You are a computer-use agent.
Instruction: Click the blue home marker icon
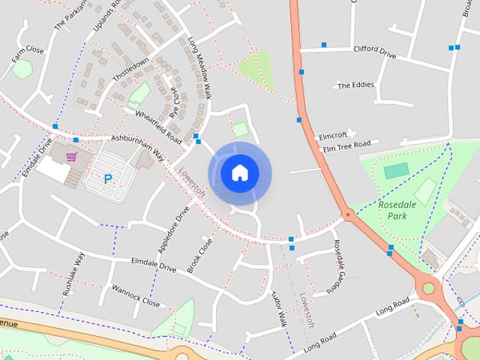239,172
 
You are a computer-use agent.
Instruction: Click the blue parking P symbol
108,179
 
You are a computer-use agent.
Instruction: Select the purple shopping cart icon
71,157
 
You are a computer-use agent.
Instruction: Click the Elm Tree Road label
346,145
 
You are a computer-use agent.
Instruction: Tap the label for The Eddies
355,85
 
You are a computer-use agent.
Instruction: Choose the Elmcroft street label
332,136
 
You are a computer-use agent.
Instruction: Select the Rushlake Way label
73,274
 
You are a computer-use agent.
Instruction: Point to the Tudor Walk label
279,307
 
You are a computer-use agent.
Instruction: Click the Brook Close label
200,255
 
